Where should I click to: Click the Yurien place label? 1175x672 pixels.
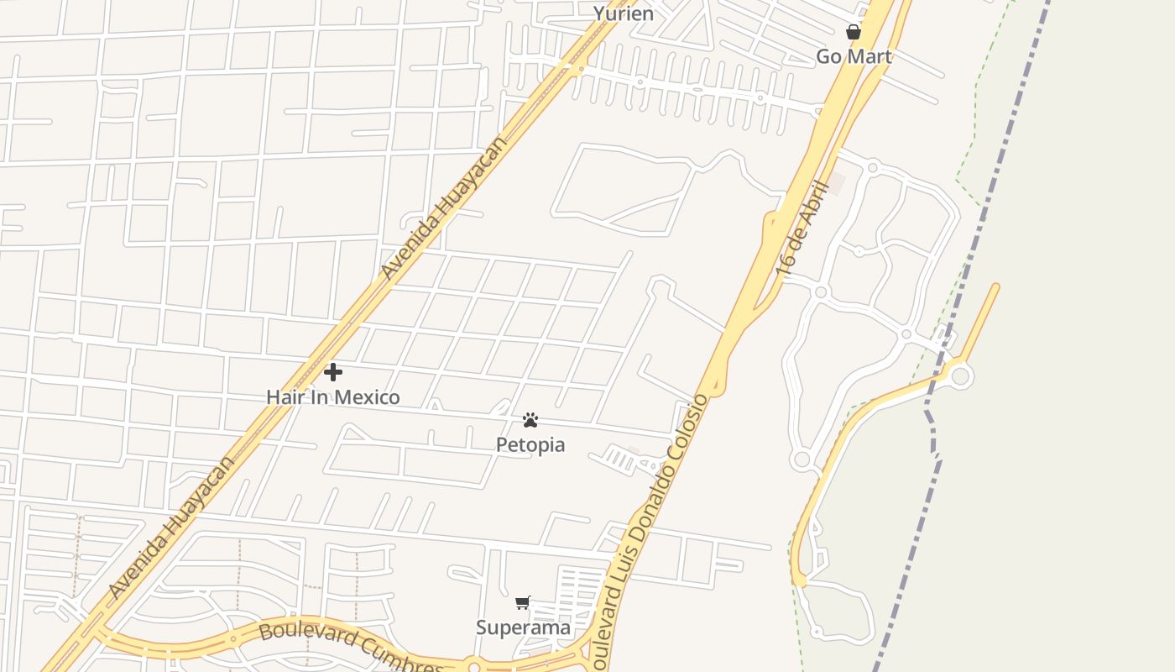(623, 13)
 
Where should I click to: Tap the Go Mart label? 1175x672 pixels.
(854, 56)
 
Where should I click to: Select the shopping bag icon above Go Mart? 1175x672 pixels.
(854, 32)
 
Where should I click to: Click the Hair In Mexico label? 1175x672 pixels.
(333, 396)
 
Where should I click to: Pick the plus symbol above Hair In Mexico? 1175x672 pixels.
(333, 371)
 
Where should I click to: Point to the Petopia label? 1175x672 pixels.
(530, 444)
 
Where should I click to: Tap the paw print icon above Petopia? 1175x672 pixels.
(530, 419)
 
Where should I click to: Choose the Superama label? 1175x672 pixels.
(523, 627)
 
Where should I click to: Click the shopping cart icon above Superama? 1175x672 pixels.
(523, 602)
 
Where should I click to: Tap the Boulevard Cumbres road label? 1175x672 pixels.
(351, 648)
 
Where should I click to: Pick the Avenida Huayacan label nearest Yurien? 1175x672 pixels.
(445, 207)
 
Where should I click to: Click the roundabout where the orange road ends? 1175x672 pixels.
(961, 375)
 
